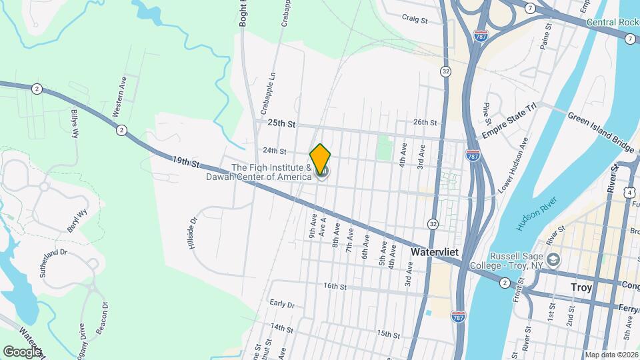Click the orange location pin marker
(x=321, y=159)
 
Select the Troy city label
(x=581, y=287)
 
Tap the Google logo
(x=22, y=351)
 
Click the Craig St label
(x=414, y=20)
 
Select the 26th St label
(x=425, y=122)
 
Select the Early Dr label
(x=282, y=304)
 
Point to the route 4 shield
(x=630, y=193)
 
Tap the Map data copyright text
(x=611, y=355)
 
